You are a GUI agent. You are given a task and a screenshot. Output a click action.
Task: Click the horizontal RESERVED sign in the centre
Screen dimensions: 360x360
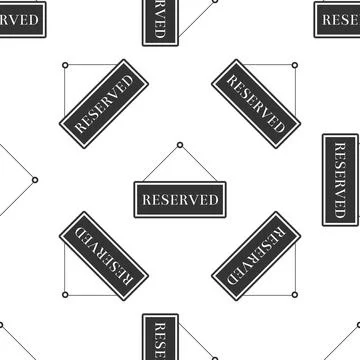pos(180,199)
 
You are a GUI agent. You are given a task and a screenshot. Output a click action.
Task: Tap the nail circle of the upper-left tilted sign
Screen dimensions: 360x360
pos(65,66)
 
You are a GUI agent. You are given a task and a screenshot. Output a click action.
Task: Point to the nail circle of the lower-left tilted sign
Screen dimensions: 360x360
pos(65,294)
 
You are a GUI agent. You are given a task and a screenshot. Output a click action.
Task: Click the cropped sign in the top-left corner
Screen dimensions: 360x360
pos(20,17)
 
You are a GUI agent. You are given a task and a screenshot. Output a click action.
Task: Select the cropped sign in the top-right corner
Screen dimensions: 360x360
pos(339,17)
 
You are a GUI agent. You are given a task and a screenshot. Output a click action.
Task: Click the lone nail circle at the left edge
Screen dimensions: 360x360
pos(35,180)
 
